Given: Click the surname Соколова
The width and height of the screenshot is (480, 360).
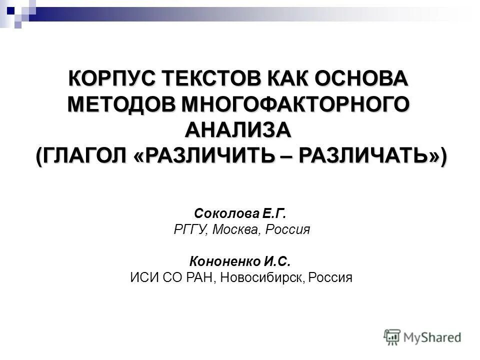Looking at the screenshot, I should [x=224, y=214].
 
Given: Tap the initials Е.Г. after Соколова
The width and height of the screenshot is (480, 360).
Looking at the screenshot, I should [x=273, y=214].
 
